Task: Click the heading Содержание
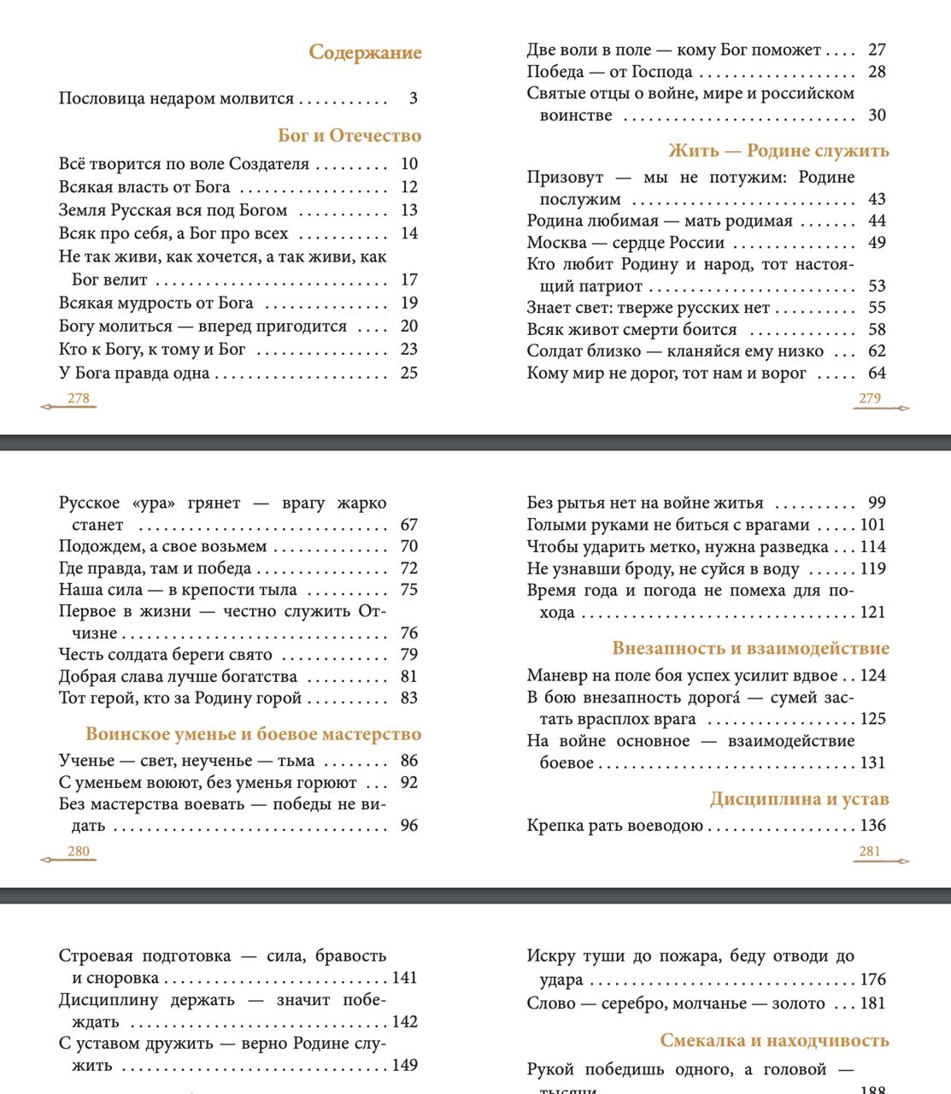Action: click(365, 53)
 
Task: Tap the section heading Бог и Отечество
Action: click(349, 136)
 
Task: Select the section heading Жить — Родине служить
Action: click(778, 151)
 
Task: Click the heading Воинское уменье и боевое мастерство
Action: click(253, 734)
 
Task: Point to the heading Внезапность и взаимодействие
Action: click(750, 649)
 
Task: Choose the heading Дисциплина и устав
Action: click(799, 799)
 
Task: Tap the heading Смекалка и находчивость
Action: click(774, 1041)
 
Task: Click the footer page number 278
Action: click(78, 398)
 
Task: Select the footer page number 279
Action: click(870, 398)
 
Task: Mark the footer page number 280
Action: click(78, 851)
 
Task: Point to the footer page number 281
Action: click(870, 851)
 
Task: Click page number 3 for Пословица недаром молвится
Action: click(413, 98)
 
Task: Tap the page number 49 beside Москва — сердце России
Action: click(877, 243)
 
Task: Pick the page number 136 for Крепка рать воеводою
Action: click(872, 826)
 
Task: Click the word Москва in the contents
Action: click(556, 243)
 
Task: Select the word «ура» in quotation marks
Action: click(155, 503)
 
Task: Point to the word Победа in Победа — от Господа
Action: click(555, 72)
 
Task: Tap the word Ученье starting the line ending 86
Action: click(85, 761)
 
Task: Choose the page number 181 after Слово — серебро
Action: click(872, 1003)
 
